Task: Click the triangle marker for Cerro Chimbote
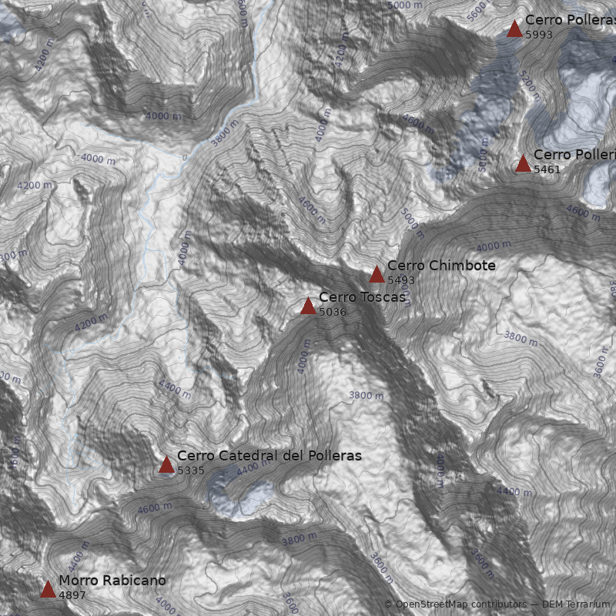(x=377, y=275)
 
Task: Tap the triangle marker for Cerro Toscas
(x=308, y=306)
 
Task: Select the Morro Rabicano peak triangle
(x=48, y=590)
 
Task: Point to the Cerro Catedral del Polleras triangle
(x=166, y=464)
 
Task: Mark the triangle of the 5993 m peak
(x=514, y=29)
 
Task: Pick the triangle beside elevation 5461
(x=523, y=164)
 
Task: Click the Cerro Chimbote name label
(x=441, y=266)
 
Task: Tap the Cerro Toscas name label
(x=362, y=297)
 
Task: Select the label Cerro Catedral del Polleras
(x=269, y=456)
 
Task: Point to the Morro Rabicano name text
(x=112, y=581)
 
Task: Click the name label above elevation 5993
(x=570, y=20)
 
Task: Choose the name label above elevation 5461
(x=574, y=155)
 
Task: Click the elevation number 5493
(x=401, y=280)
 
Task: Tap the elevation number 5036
(x=333, y=312)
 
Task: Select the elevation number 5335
(x=191, y=470)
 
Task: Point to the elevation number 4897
(x=72, y=595)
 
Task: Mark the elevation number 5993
(x=539, y=35)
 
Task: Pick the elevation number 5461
(x=547, y=169)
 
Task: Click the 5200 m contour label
(x=530, y=85)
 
